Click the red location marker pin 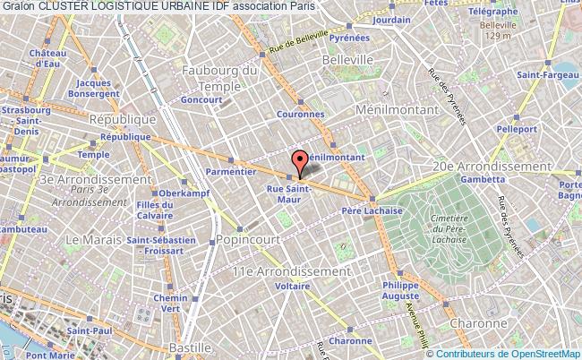300,161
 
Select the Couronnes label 303,115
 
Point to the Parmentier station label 230,169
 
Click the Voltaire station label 293,287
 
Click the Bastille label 194,346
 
